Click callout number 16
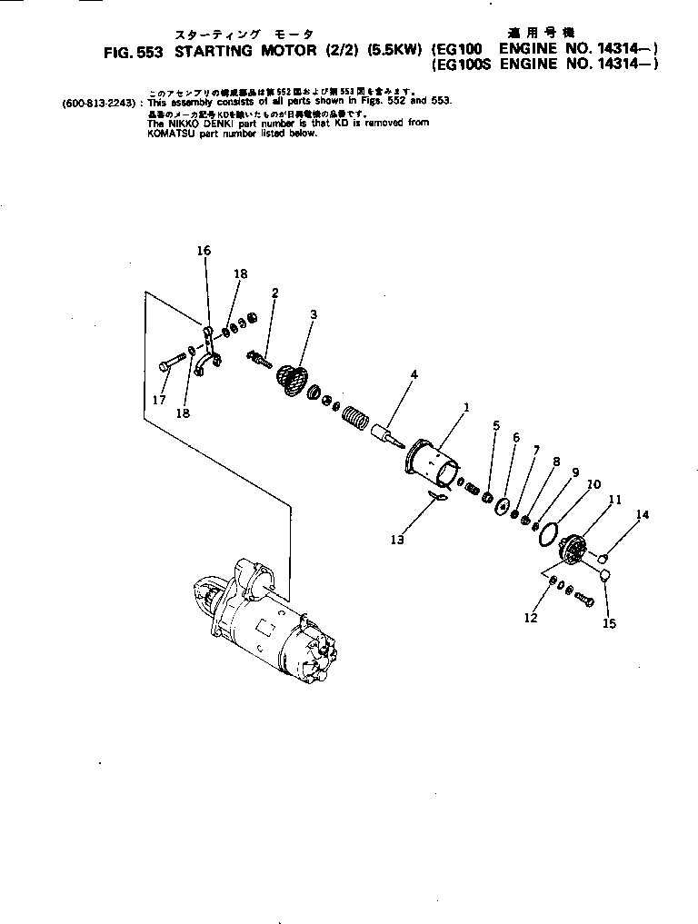point(204,250)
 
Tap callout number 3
point(313,314)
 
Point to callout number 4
point(414,373)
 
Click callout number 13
point(397,540)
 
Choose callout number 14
point(643,515)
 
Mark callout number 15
point(609,624)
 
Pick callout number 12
point(531,619)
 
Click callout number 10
point(593,485)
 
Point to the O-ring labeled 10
point(548,535)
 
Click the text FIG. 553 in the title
point(133,52)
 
